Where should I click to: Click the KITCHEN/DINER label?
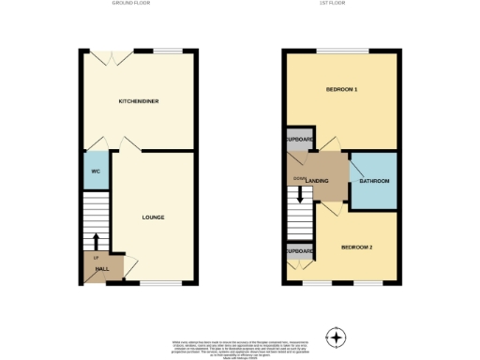pos(136,100)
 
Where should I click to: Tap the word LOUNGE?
pos(153,217)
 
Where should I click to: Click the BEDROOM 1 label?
pos(341,90)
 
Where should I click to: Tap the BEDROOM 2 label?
pos(356,247)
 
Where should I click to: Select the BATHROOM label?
pos(374,180)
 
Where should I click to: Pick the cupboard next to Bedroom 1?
pos(298,139)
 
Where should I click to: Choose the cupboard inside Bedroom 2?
pos(298,252)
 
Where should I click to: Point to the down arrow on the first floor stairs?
pos(299,196)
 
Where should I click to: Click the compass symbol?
pos(335,337)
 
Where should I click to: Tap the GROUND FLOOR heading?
pos(130,4)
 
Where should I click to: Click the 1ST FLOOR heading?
pos(340,4)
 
